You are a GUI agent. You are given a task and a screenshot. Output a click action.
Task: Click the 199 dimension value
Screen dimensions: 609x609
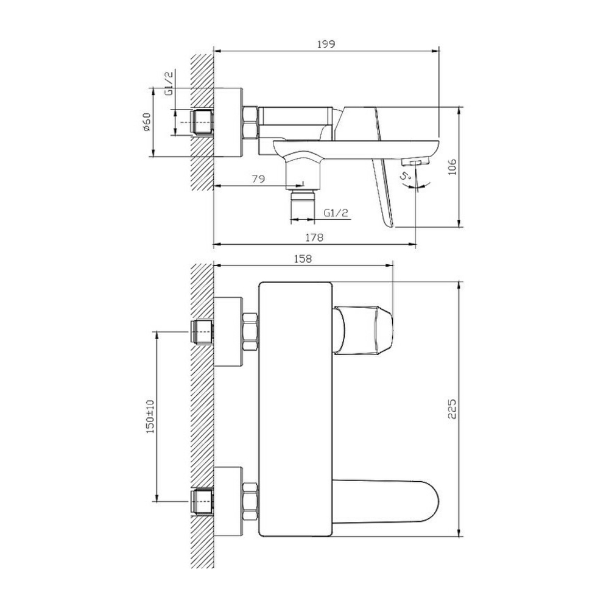click(326, 44)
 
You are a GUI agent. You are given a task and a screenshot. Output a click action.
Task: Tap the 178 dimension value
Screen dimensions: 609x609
click(314, 238)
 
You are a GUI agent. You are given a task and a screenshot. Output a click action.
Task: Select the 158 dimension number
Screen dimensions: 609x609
click(303, 259)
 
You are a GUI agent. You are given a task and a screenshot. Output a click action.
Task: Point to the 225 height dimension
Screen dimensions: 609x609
click(452, 409)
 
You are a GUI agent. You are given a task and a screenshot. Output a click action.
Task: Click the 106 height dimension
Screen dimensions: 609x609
click(452, 167)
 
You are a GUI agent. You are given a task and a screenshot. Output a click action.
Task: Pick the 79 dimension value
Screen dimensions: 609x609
click(259, 179)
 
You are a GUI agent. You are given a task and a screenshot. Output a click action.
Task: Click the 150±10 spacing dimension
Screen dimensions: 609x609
click(150, 417)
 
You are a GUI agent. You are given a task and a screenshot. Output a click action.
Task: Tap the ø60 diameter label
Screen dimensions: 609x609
click(146, 122)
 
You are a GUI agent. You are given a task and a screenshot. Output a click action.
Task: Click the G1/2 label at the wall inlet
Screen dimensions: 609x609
click(169, 83)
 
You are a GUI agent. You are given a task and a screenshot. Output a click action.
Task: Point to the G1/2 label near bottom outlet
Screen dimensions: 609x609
click(336, 213)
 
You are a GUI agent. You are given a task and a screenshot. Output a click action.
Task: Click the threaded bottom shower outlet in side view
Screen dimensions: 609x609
click(302, 205)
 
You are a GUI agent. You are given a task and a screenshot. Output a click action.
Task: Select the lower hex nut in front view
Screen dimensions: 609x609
click(250, 502)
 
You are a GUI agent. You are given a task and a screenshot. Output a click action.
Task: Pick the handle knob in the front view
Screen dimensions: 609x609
click(363, 329)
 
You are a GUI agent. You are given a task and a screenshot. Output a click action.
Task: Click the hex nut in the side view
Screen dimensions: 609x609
click(250, 122)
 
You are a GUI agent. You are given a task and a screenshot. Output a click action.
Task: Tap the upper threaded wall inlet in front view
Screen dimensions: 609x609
click(202, 331)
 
